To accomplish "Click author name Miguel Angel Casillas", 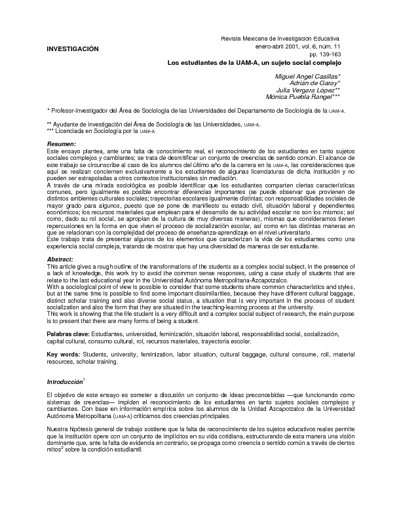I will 311,77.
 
